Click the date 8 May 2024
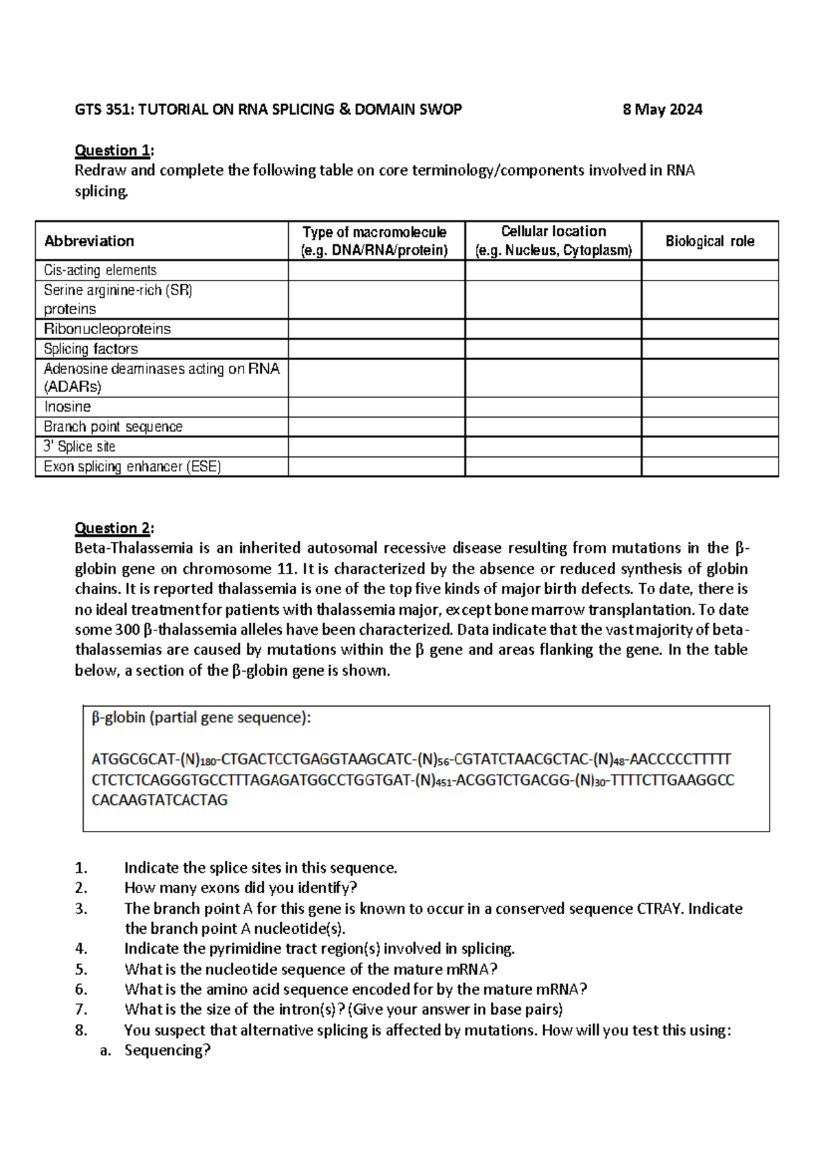click(x=662, y=110)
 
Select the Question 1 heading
click(x=114, y=150)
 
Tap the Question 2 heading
click(x=114, y=528)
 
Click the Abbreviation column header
click(x=89, y=241)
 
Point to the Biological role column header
click(x=709, y=241)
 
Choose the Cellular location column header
click(x=553, y=241)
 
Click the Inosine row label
click(x=67, y=407)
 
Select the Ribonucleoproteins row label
click(x=107, y=329)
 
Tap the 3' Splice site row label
click(x=80, y=447)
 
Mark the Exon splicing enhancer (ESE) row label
click(x=132, y=467)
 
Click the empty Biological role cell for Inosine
click(x=709, y=407)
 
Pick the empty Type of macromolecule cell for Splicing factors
click(x=376, y=349)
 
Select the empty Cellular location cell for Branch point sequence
click(x=553, y=427)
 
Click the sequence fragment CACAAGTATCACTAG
click(x=159, y=800)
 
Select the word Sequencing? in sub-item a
click(x=167, y=1050)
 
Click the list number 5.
click(x=81, y=969)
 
